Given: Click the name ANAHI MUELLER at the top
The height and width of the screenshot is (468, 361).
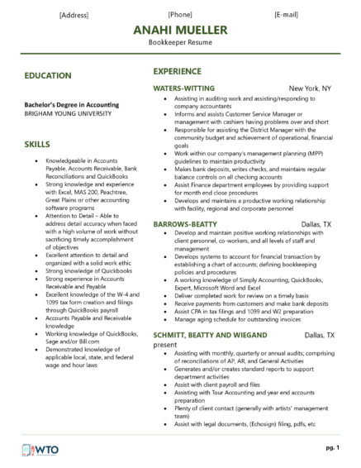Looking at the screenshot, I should (180, 30).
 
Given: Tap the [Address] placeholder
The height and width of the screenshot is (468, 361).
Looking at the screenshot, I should (74, 15).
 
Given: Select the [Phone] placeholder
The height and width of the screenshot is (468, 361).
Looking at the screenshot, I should (180, 15).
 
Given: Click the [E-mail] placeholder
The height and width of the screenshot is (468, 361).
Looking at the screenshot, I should (288, 15).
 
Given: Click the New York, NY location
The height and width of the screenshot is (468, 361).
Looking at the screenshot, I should (310, 87).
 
